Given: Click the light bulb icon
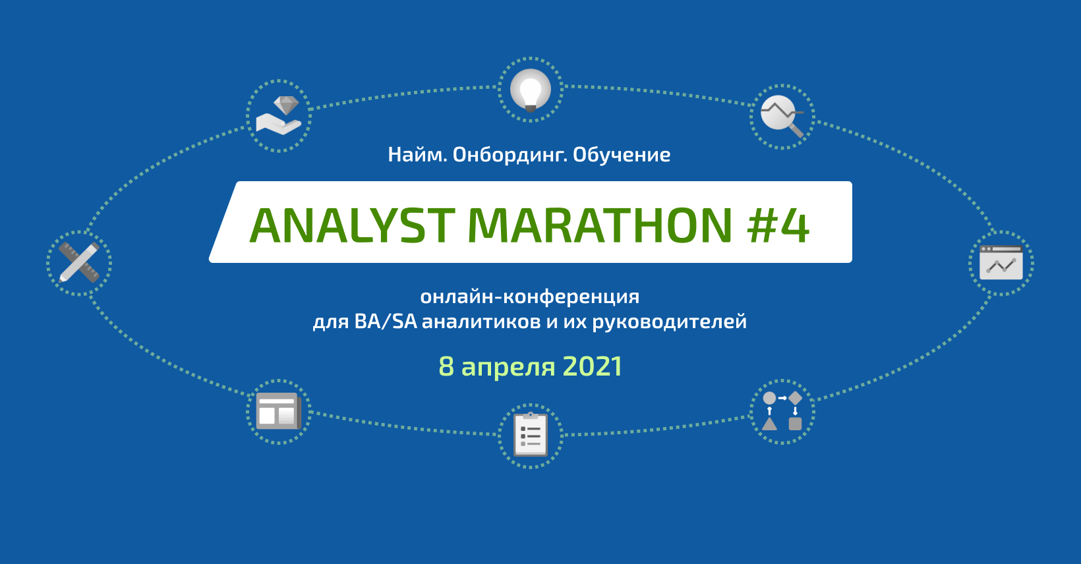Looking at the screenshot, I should pyautogui.click(x=531, y=90).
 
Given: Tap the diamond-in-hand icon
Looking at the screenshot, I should pyautogui.click(x=279, y=116).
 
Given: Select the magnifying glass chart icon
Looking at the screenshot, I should pyautogui.click(x=782, y=117).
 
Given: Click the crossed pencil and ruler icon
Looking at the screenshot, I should pyautogui.click(x=79, y=262).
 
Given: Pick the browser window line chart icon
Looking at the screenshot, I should pyautogui.click(x=1001, y=263).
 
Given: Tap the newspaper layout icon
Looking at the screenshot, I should pyautogui.click(x=278, y=412).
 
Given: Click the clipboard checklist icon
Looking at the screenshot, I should pyautogui.click(x=531, y=435).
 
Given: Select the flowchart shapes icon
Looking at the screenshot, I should pyautogui.click(x=782, y=412).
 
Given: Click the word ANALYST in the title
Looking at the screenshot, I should pyautogui.click(x=352, y=225).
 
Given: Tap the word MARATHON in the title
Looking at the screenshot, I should pyautogui.click(x=600, y=225).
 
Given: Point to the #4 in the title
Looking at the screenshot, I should pyautogui.click(x=778, y=225).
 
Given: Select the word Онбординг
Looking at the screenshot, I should pyautogui.click(x=510, y=155).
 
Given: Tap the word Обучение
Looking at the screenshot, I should pyautogui.click(x=622, y=155).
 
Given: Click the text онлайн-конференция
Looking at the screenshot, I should pyautogui.click(x=530, y=297).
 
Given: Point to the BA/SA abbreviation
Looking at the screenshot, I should pyautogui.click(x=386, y=322).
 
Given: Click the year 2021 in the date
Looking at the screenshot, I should pyautogui.click(x=593, y=367).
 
